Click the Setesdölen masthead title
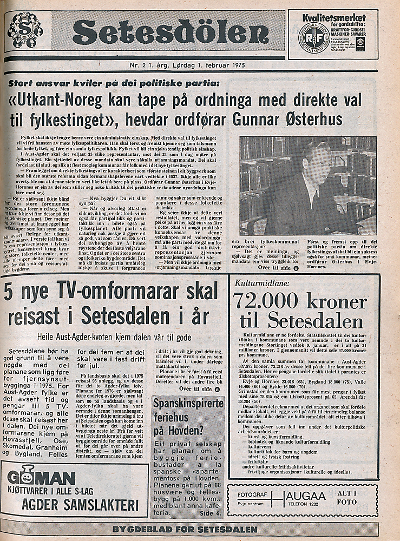click(170, 34)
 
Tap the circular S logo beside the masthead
click(24, 30)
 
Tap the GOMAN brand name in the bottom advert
click(42, 478)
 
